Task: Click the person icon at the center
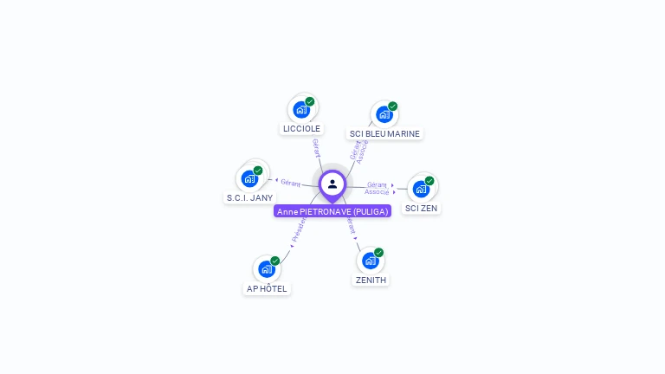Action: click(x=332, y=184)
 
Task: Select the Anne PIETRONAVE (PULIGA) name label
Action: click(x=332, y=211)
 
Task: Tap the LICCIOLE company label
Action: click(x=301, y=129)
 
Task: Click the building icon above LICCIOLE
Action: click(x=300, y=110)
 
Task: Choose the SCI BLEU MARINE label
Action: click(x=384, y=134)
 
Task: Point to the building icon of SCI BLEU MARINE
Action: click(x=384, y=114)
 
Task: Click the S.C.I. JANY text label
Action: click(x=249, y=198)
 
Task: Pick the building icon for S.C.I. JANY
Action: click(x=249, y=179)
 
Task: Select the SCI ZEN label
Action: click(x=422, y=209)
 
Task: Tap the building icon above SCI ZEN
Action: click(x=421, y=189)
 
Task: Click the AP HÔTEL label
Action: click(x=267, y=289)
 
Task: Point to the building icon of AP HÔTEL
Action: click(x=267, y=269)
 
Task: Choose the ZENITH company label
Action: click(x=371, y=280)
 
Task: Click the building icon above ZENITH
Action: click(x=370, y=261)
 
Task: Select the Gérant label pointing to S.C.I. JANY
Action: click(x=290, y=183)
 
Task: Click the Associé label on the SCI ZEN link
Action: click(x=377, y=192)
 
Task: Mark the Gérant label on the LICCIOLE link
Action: click(x=316, y=148)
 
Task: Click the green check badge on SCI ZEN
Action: click(x=429, y=181)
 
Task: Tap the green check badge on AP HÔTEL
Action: click(x=275, y=261)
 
